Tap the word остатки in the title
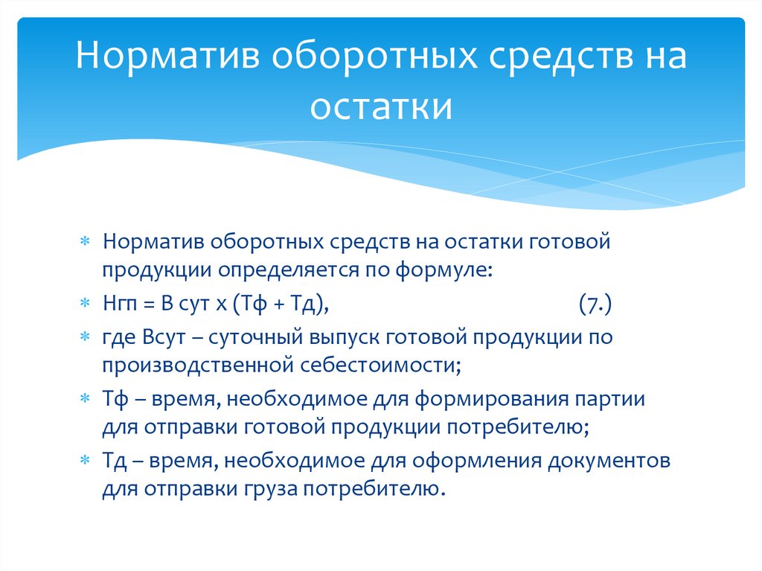pyautogui.click(x=380, y=106)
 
